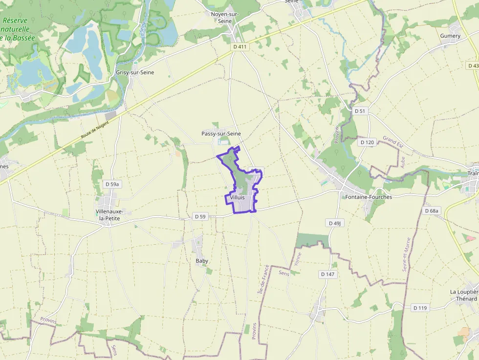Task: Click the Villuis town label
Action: pyautogui.click(x=238, y=197)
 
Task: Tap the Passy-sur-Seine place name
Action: pyautogui.click(x=221, y=133)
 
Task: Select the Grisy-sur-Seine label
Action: pyautogui.click(x=135, y=72)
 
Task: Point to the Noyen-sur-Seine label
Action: pyautogui.click(x=225, y=18)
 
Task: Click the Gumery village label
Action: pyautogui.click(x=450, y=36)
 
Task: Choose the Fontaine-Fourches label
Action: pyautogui.click(x=369, y=197)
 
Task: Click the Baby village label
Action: pyautogui.click(x=202, y=261)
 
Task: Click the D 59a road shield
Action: pyautogui.click(x=112, y=184)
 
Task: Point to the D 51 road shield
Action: pyautogui.click(x=360, y=111)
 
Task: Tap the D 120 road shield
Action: pyautogui.click(x=367, y=142)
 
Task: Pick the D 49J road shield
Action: pyautogui.click(x=334, y=223)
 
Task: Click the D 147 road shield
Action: pyautogui.click(x=328, y=274)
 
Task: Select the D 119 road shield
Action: pyautogui.click(x=420, y=308)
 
